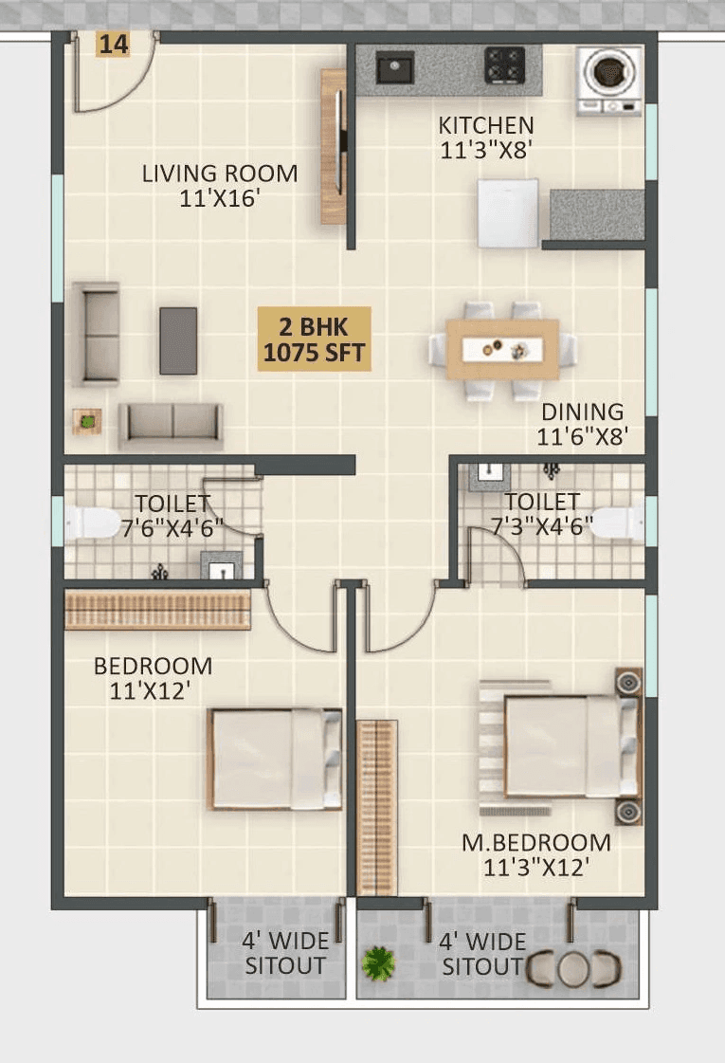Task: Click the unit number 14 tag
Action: coord(113,44)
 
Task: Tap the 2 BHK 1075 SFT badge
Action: coord(317,339)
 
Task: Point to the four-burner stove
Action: coord(504,66)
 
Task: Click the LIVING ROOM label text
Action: coord(220,174)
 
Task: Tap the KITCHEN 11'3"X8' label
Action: coord(486,137)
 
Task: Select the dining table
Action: coord(502,350)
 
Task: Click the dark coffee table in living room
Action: coord(178,339)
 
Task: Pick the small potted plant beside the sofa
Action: coord(87,420)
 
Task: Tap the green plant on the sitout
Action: coord(378,963)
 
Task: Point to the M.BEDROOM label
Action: coord(535,842)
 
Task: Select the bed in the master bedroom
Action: coord(569,746)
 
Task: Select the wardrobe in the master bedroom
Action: coord(376,807)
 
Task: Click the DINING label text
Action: coord(582,412)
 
